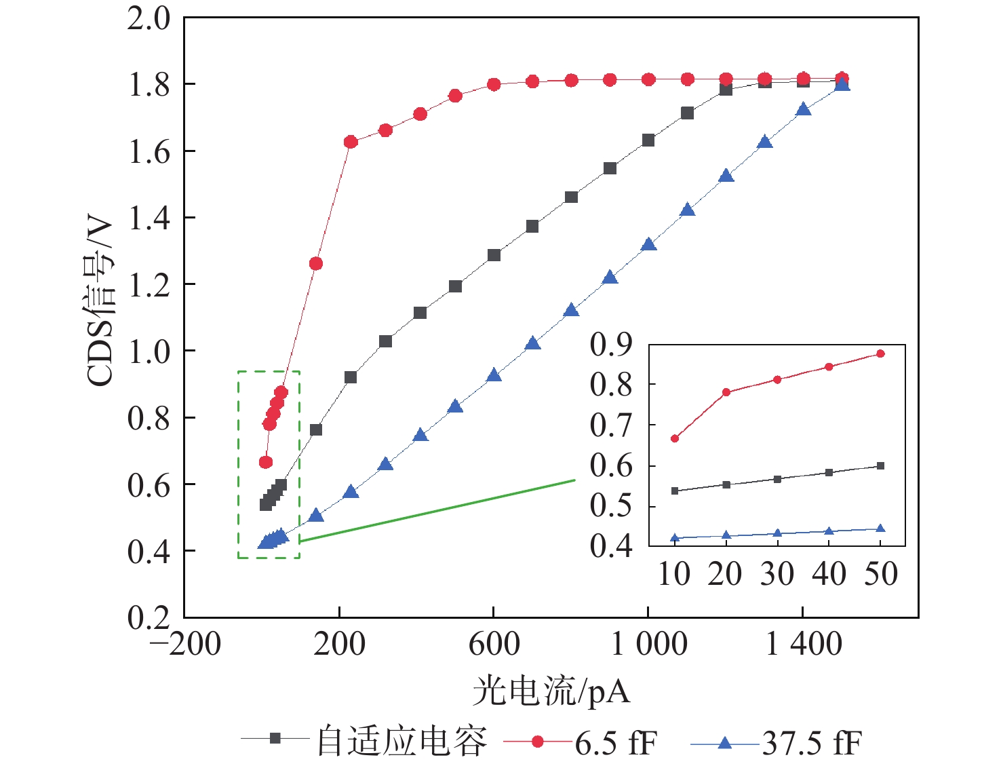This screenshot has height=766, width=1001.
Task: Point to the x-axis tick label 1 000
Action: (649, 644)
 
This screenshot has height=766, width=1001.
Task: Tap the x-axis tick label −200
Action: (185, 644)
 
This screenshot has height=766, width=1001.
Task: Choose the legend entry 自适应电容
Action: (401, 742)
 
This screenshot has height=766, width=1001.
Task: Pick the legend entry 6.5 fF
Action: (616, 743)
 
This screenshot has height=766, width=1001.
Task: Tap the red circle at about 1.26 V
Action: (316, 263)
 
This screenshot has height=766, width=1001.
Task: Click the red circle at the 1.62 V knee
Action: (351, 142)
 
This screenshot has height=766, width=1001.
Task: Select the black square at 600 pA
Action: (494, 255)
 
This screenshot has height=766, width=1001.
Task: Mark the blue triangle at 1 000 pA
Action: (649, 244)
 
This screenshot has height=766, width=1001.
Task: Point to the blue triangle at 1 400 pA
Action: (804, 109)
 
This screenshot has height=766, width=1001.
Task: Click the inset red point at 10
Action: (675, 438)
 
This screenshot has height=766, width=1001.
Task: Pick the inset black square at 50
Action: (881, 465)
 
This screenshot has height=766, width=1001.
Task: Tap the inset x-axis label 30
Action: (777, 575)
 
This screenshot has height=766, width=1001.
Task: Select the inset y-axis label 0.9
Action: (610, 344)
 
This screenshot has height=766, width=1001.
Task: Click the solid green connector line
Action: (437, 511)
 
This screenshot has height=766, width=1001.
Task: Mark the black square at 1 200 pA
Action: (726, 89)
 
